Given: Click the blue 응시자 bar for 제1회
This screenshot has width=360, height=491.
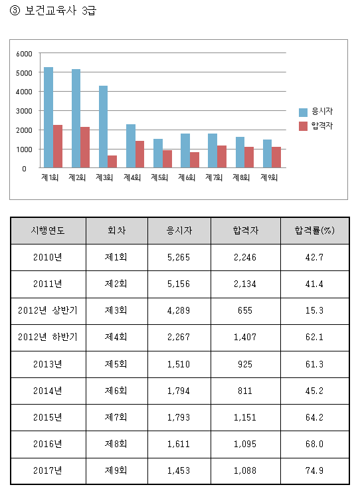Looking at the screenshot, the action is pos(48,118).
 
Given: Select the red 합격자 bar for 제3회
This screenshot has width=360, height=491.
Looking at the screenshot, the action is pos(112,161).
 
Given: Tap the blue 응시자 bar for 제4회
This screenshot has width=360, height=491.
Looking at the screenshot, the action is pos(131,146).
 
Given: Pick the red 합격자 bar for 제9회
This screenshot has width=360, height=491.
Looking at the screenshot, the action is pos(276,157).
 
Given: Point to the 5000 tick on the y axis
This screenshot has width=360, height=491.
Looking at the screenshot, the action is pos(24,73).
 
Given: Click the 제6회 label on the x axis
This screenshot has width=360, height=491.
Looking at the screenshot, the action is pos(187,177).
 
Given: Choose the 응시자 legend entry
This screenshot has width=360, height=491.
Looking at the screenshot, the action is pos(316,112).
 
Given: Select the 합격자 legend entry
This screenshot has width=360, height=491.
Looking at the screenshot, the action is pos(316,126).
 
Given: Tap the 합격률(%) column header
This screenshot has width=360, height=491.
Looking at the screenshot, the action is pos(315,231).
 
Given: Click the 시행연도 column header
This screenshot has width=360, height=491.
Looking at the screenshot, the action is pos(48,231).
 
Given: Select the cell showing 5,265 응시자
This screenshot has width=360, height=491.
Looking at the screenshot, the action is pos(179,257).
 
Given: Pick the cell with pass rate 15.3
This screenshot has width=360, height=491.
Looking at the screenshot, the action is pos(315,310).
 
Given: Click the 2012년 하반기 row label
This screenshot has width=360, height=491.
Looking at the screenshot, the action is pos(48,337).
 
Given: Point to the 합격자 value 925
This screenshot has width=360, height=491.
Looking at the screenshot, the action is pos(245,364).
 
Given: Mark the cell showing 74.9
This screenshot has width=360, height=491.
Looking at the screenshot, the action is pos(315,470).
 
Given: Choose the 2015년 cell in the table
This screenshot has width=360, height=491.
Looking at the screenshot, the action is pos(48,417).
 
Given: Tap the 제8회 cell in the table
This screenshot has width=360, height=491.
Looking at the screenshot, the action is pos(116,444).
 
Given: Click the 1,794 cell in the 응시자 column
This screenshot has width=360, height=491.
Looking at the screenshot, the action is pos(179,391).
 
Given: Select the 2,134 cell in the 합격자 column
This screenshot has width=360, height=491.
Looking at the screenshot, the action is pos(245,284).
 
